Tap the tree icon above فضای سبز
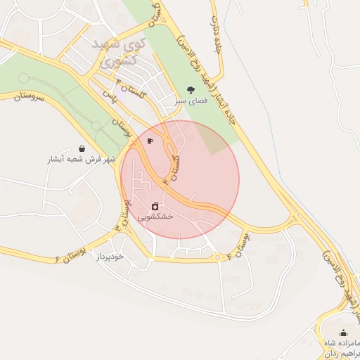coord(191,89)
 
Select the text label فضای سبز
coord(191,101)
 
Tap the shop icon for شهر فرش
coord(83,148)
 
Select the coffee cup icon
coord(150,141)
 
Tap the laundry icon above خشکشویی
coord(155,206)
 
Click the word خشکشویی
coord(155,217)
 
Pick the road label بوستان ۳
coord(123,214)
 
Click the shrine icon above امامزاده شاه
coord(343,333)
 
